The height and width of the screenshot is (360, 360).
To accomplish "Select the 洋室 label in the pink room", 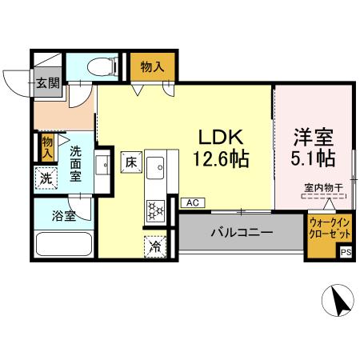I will tap(312, 136).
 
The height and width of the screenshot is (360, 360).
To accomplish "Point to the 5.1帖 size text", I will tap(312, 158).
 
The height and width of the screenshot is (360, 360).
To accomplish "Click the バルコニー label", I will tap(242, 233).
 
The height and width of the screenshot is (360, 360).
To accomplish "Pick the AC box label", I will tap(192, 203).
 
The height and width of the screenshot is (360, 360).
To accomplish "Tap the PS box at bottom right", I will tap(346, 253).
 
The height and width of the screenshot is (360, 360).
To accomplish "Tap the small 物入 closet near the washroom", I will tap(47, 146).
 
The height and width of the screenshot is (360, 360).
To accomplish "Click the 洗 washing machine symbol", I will tap(47, 178).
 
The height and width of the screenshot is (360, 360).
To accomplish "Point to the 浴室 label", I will tap(63, 214).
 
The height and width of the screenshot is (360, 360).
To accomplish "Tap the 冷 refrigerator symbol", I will tap(155, 247).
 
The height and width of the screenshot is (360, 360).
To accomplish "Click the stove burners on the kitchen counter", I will tap(155, 211).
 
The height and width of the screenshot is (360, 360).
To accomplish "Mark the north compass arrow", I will tap(342, 301).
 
